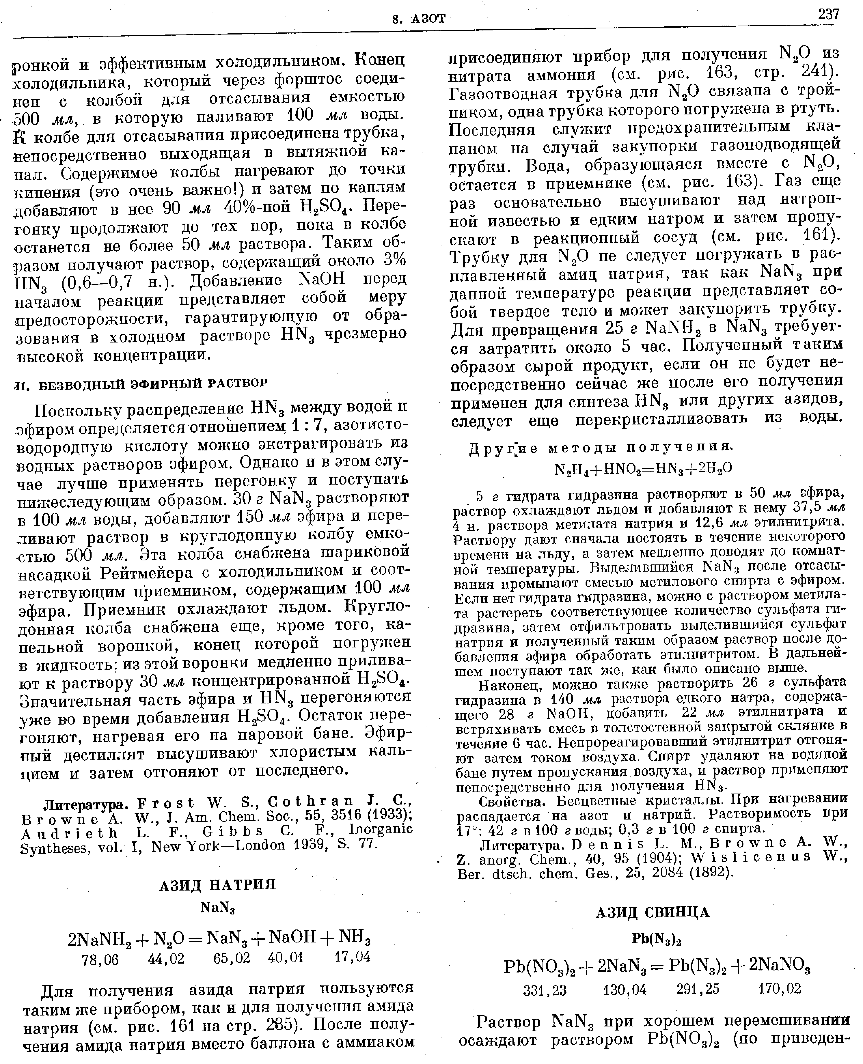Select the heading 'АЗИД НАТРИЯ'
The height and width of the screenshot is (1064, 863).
coord(217,885)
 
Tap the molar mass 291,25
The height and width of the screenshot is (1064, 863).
coord(698,989)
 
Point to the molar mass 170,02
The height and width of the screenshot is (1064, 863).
coord(780,989)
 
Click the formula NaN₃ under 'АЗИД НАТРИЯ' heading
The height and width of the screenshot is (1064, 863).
coord(217,908)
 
